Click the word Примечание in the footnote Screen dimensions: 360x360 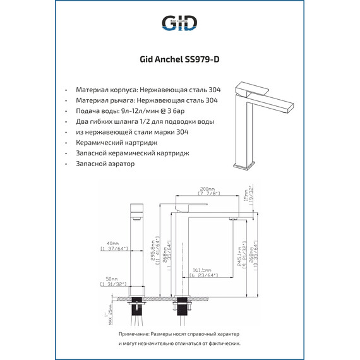click(x=134, y=333)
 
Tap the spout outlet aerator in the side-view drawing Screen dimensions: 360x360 click(x=232, y=218)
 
